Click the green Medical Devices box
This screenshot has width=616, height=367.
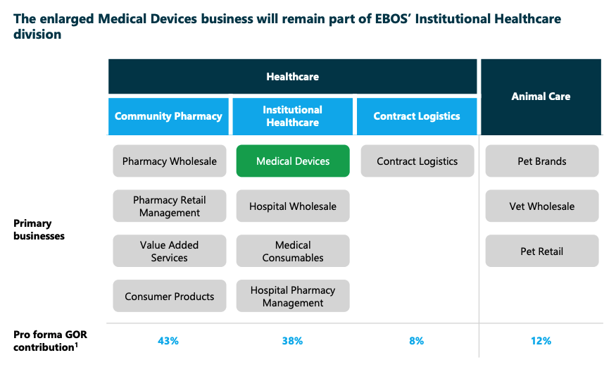point(293,161)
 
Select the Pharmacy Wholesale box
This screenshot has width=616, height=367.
point(170,161)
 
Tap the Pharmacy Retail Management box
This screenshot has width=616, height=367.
point(170,206)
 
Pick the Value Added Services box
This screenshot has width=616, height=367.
point(170,251)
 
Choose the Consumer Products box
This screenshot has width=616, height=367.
point(170,297)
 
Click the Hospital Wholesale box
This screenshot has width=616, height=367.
point(293,206)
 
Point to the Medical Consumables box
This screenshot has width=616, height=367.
point(293,251)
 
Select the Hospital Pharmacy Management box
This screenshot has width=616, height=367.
point(293,297)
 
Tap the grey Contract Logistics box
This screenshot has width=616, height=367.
point(417,161)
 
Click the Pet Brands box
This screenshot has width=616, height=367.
point(541,161)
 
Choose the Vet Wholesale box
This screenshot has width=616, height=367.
point(541,206)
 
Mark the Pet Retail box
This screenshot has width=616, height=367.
point(541,251)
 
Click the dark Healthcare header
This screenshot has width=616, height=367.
point(293,77)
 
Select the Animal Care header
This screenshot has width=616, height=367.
point(541,97)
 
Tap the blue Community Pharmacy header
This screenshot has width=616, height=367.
point(169,116)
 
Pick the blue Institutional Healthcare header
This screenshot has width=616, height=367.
point(293,116)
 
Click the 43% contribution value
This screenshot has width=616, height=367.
point(169,341)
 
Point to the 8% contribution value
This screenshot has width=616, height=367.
point(417,341)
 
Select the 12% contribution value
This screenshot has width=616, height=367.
point(541,341)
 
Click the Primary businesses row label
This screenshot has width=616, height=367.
point(39,230)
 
